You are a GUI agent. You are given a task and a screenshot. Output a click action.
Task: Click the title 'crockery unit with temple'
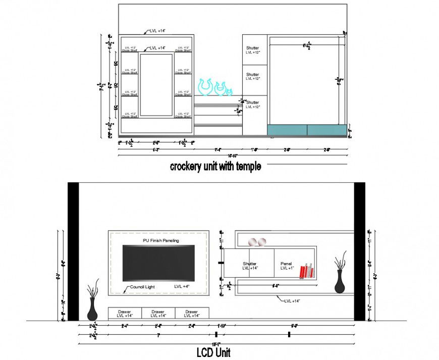tap(215, 166)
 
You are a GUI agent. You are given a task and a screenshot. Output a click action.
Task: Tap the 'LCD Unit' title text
tap(213, 352)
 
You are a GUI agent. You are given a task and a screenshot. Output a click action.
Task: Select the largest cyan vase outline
tap(205, 87)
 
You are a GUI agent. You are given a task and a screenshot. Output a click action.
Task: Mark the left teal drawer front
tap(287, 130)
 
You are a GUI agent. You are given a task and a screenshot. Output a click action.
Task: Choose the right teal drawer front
tap(326, 130)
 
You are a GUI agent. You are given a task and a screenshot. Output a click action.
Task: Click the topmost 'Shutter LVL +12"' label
tap(252, 49)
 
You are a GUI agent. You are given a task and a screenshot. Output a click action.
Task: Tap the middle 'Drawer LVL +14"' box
tap(158, 314)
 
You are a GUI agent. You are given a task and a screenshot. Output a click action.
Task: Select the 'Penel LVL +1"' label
tap(286, 266)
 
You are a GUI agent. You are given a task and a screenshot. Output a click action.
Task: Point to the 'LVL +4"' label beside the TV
tap(181, 287)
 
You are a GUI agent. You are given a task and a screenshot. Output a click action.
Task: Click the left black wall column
tap(73, 251)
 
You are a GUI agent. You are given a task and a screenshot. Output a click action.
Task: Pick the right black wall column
tap(359, 251)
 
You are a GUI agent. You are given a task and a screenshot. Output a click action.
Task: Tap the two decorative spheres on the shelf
tap(257, 242)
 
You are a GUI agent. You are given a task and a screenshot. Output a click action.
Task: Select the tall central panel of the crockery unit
tap(156, 85)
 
